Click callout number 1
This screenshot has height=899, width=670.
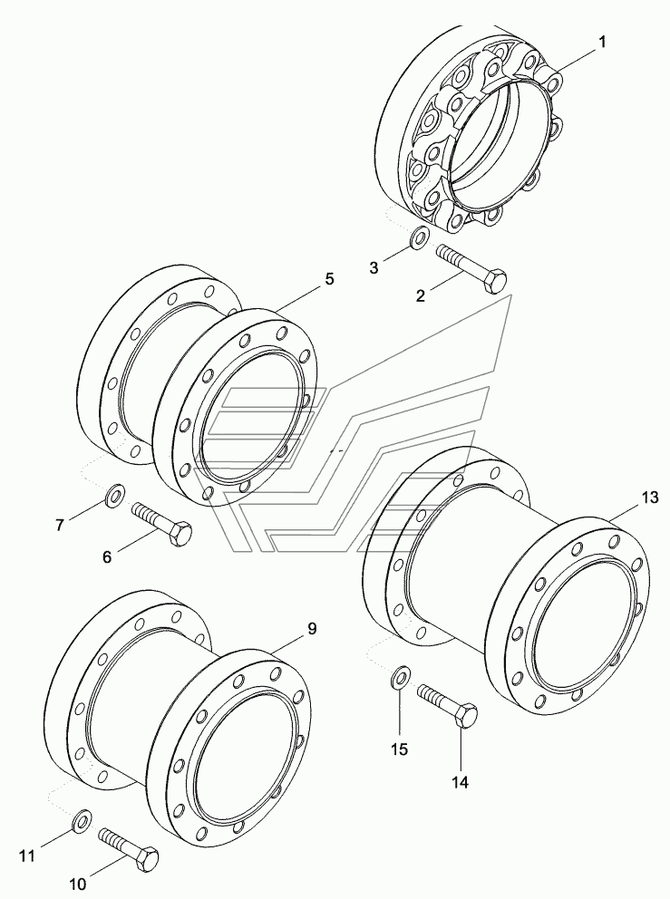[x=602, y=43]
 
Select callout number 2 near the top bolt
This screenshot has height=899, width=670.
[x=421, y=296]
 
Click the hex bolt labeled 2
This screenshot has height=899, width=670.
[x=472, y=269]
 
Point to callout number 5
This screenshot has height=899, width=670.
[x=329, y=279]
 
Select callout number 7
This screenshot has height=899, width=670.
[x=60, y=526]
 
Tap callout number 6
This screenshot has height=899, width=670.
[x=107, y=556]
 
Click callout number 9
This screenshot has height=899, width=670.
[x=312, y=629]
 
